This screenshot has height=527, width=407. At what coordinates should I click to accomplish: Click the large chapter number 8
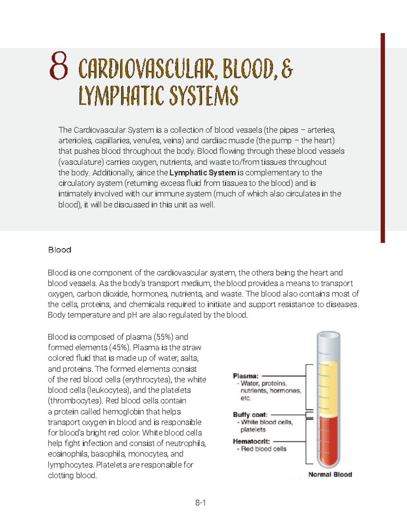59,66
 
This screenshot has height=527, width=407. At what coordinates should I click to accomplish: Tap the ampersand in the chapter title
287,69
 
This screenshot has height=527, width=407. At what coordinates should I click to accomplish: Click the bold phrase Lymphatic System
202,173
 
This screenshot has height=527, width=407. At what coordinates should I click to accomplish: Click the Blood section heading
60,250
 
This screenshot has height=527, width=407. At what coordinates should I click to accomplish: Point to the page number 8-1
200,503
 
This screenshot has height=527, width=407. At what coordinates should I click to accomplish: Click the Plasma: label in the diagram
246,376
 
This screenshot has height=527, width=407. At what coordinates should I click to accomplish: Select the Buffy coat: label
250,415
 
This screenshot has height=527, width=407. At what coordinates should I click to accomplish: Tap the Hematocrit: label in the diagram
251,441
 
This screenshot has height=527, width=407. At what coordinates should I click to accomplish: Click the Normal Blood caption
330,474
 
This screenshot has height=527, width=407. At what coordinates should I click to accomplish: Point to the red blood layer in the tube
328,441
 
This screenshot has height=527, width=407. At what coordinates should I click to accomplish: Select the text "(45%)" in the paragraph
120,347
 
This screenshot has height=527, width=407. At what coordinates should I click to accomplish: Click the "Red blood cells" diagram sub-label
264,449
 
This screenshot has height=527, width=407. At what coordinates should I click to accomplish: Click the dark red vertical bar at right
383,138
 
